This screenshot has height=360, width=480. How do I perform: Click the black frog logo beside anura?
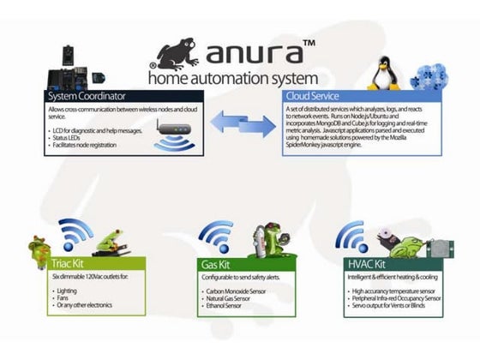point(175,53)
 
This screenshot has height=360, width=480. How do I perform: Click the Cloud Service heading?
point(314,96)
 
